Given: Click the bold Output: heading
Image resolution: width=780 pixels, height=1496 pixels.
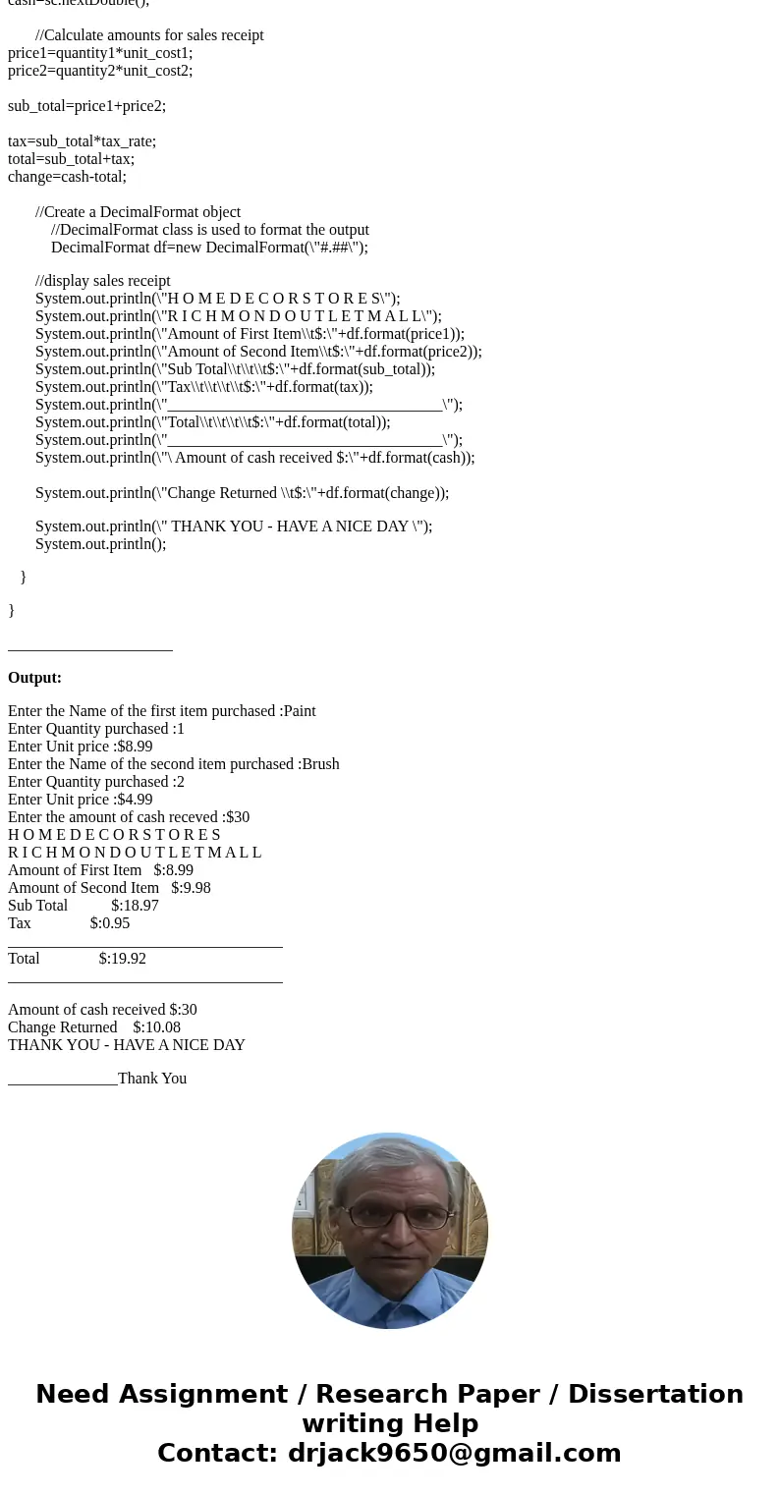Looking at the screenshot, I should click(34, 678).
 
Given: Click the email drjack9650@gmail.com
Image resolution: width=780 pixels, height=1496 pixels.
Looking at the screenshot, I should click(454, 1453).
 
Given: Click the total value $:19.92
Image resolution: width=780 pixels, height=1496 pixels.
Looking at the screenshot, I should click(123, 959).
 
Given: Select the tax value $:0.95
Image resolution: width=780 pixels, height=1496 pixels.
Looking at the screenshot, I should click(110, 923).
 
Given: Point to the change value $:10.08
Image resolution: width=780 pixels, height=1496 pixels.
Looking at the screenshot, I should click(156, 1027).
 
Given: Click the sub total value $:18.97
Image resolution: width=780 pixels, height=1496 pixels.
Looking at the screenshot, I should click(135, 906).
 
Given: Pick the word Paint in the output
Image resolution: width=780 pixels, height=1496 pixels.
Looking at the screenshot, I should click(299, 711).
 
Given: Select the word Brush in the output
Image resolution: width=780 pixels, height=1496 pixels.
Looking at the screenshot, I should click(320, 764).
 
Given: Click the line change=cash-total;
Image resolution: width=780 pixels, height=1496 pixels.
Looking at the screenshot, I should click(67, 177).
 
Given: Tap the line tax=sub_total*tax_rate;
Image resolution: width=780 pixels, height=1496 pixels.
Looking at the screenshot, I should click(82, 141).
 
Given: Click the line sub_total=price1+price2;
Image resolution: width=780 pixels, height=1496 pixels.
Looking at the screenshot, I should click(86, 106).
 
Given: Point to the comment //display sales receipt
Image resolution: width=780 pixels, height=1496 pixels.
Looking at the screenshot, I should click(103, 281).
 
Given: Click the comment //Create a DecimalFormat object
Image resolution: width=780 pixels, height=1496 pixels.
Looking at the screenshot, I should click(138, 212).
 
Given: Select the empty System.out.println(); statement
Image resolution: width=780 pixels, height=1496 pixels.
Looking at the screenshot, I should click(100, 544).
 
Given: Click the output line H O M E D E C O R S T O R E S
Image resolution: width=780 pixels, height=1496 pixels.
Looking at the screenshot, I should click(114, 835).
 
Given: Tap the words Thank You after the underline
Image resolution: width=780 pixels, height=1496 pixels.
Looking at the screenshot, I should click(151, 1079).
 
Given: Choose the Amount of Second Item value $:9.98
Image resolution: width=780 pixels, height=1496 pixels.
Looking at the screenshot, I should click(191, 888).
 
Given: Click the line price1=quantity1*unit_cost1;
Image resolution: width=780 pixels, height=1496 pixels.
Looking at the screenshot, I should click(100, 53).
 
